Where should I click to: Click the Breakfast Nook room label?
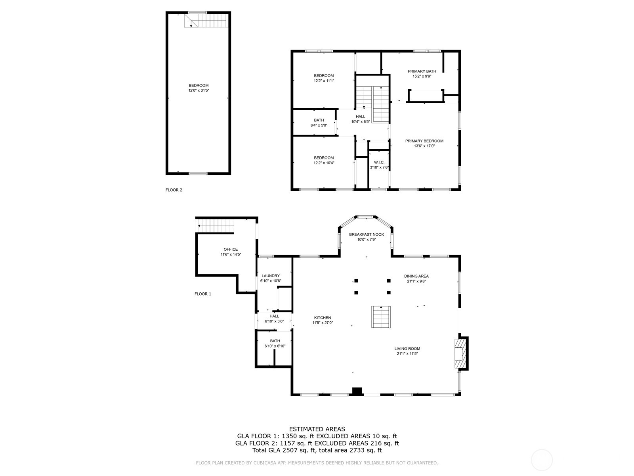pyautogui.click(x=366, y=234)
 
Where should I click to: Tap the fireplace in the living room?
pyautogui.click(x=460, y=353)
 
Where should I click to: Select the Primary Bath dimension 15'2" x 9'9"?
pyautogui.click(x=422, y=77)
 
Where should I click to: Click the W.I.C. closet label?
pyautogui.click(x=379, y=162)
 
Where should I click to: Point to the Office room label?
pyautogui.click(x=231, y=250)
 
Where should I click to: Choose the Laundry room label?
pyautogui.click(x=271, y=276)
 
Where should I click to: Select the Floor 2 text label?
pyautogui.click(x=174, y=190)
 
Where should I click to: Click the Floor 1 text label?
pyautogui.click(x=202, y=294)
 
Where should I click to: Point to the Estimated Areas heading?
pyautogui.click(x=317, y=429)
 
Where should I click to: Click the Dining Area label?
pyautogui.click(x=416, y=276)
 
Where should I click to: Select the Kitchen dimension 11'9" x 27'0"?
pyautogui.click(x=323, y=323)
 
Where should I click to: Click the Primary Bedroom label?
pyautogui.click(x=424, y=141)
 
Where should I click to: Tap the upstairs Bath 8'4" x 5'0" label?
pyautogui.click(x=319, y=123)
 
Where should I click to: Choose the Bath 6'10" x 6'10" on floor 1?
pyautogui.click(x=275, y=343)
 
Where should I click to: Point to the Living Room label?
pyautogui.click(x=407, y=349)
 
